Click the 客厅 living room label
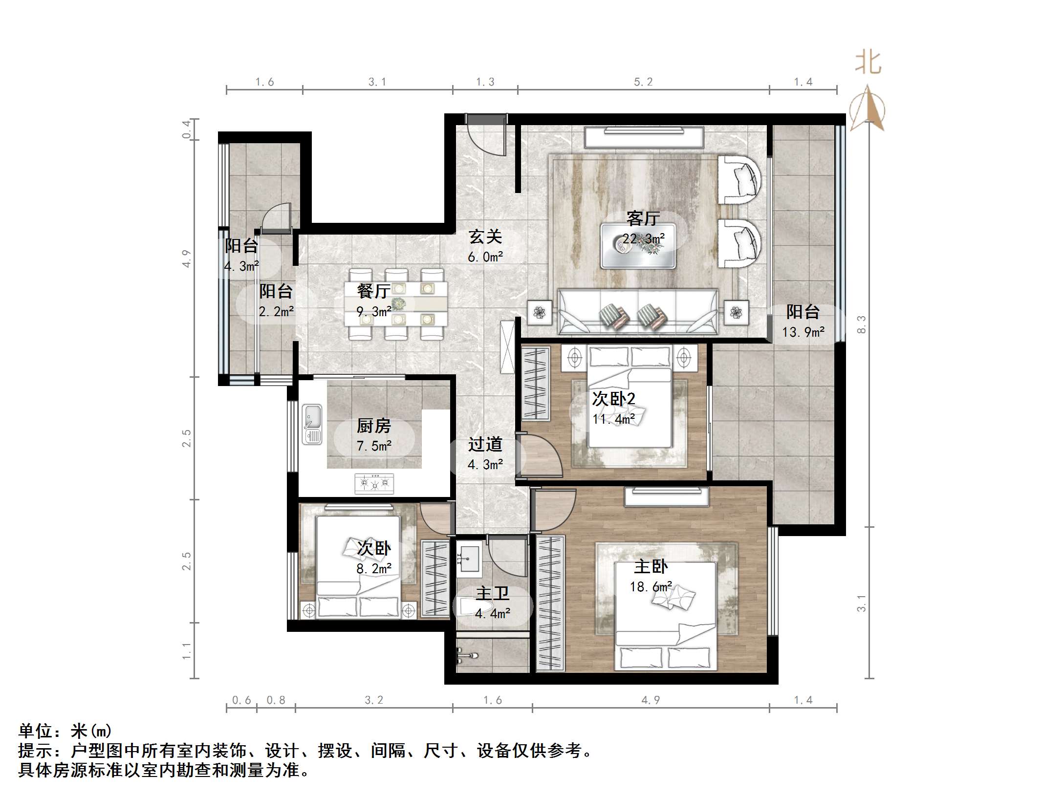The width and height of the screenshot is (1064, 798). (x=643, y=218)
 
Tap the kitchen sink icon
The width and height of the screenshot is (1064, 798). (x=312, y=424)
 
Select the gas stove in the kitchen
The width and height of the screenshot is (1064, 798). (x=374, y=483)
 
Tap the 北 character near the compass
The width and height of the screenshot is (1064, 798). (x=869, y=63)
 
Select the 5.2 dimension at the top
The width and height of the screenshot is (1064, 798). (x=643, y=82)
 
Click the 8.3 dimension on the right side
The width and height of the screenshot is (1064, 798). (x=861, y=324)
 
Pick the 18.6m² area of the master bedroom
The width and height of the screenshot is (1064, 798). (x=651, y=586)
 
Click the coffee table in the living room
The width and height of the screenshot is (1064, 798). (x=638, y=246)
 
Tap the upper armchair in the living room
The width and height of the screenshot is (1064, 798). (x=739, y=179)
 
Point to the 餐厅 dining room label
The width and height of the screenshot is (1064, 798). (x=374, y=291)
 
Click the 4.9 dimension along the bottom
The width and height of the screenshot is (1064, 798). (x=651, y=700)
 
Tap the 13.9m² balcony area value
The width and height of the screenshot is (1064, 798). (x=803, y=332)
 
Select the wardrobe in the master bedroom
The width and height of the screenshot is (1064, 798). (x=550, y=604)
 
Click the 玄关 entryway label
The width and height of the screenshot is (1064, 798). (x=485, y=237)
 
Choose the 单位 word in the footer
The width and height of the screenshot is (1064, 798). (x=35, y=731)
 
